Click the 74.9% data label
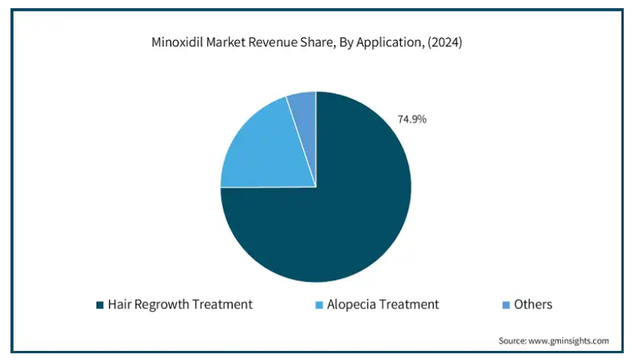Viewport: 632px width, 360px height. [x=411, y=119]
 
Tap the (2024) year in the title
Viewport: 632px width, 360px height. [x=445, y=43]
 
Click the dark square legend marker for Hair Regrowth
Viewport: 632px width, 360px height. [x=99, y=305]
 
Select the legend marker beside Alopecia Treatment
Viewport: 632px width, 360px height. [x=319, y=305]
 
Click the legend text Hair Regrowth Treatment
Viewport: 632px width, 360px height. [x=180, y=305]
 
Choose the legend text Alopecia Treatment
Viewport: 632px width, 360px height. [x=383, y=305]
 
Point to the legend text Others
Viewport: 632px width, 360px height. [x=532, y=305]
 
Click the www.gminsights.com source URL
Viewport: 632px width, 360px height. [x=569, y=341]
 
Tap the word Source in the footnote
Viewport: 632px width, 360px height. [x=513, y=341]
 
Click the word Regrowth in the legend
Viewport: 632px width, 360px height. [x=162, y=305]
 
